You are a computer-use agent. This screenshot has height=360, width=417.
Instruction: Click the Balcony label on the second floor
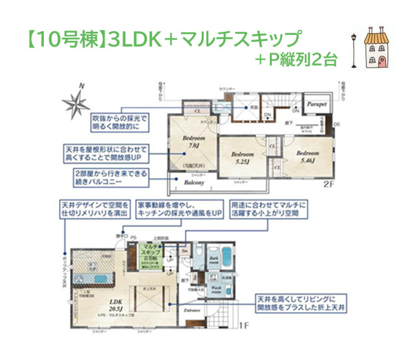point(194,183)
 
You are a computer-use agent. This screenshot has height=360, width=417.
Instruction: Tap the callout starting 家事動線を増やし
point(180,210)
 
